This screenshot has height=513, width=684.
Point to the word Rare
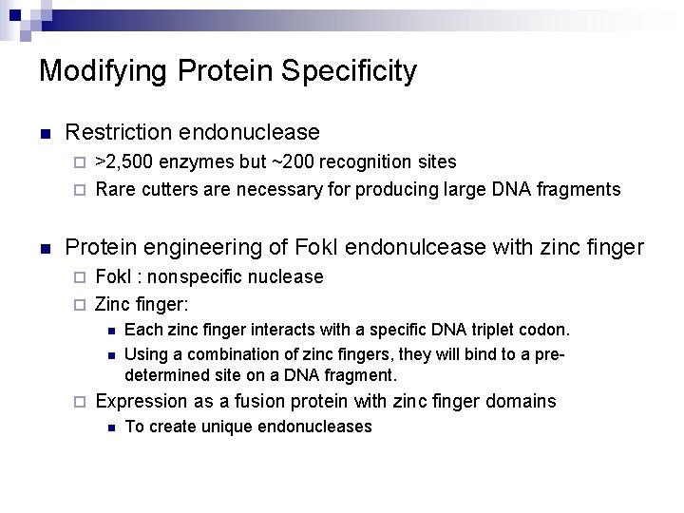point(116,189)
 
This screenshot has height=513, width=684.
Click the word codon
point(548,330)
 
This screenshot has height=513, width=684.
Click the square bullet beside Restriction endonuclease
point(44,133)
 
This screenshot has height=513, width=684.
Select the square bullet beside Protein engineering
point(44,249)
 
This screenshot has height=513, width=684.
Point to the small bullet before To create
point(110,427)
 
